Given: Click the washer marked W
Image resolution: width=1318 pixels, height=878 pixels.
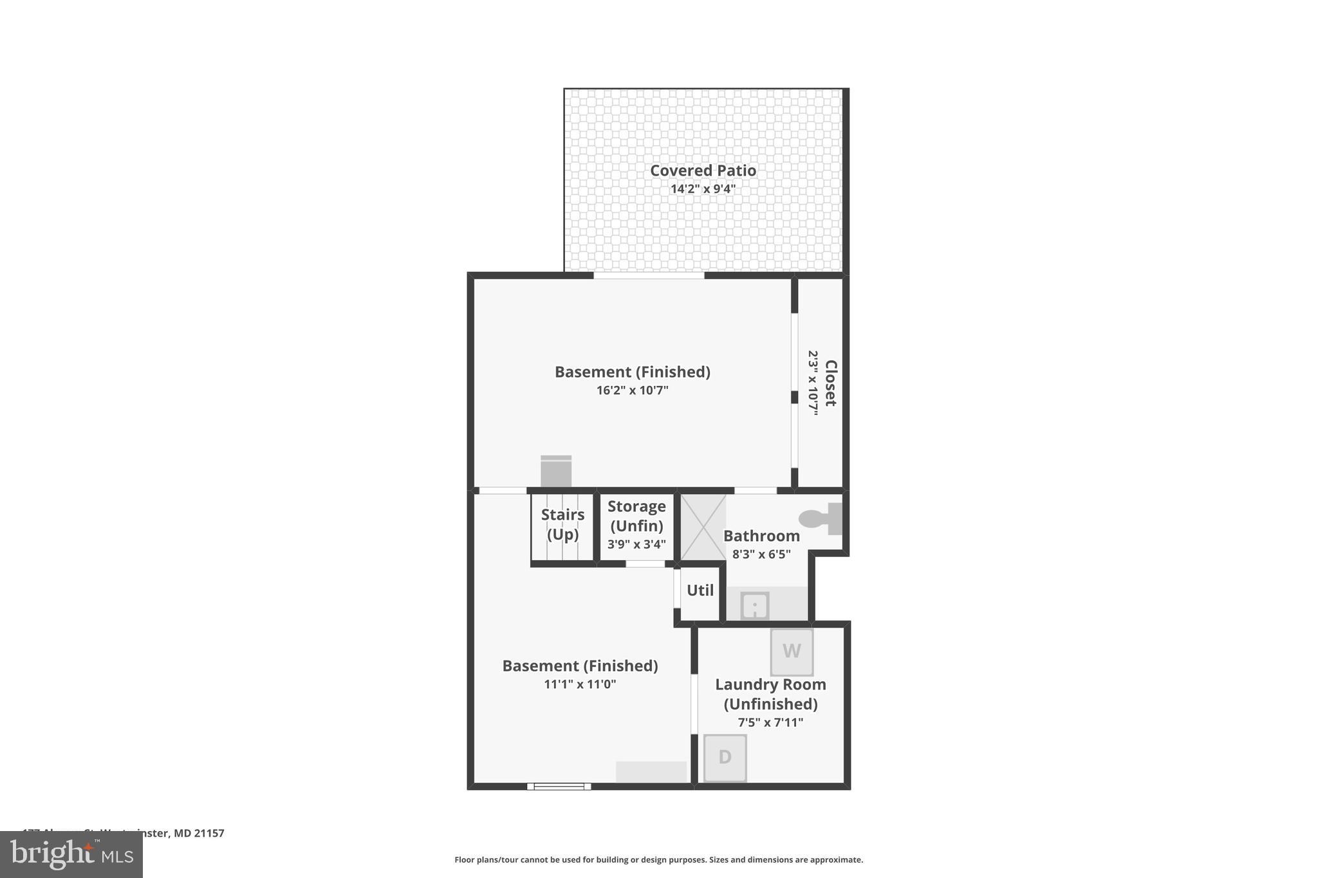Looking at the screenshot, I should click(792, 651).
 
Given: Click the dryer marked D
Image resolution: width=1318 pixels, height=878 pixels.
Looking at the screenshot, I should click(725, 758).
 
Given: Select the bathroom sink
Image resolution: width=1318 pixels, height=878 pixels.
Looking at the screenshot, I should click(754, 606).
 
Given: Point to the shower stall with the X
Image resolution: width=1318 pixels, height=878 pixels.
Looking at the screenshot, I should click(703, 527).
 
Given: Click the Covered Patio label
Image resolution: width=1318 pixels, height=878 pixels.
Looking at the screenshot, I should click(703, 170).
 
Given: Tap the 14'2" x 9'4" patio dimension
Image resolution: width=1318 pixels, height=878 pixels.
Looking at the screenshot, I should click(703, 189).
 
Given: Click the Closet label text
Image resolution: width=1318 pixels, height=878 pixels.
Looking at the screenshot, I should click(830, 383).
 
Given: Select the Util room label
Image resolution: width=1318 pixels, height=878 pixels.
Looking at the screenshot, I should click(700, 590).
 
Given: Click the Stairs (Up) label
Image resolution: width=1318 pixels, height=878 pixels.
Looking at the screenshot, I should click(562, 524).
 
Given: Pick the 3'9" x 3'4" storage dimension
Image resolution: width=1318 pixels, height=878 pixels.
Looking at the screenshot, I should click(636, 544).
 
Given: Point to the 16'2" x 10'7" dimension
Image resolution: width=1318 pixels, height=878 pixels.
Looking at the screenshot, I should click(632, 390).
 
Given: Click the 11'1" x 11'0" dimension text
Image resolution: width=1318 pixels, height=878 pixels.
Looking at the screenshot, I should click(580, 684).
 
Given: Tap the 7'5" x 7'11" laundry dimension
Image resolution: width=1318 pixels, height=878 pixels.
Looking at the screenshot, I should click(770, 722).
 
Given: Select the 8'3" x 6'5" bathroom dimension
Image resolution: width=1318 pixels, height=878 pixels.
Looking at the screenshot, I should click(761, 554).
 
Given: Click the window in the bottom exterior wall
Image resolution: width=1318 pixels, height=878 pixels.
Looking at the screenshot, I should click(559, 786).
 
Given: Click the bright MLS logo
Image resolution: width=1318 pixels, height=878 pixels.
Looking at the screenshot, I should click(71, 855).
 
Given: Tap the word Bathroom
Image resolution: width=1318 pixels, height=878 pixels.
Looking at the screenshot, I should click(761, 536).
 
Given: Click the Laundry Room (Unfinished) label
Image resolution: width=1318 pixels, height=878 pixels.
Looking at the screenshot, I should click(770, 694).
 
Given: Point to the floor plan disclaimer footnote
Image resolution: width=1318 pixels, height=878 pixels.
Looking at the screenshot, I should click(658, 859).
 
